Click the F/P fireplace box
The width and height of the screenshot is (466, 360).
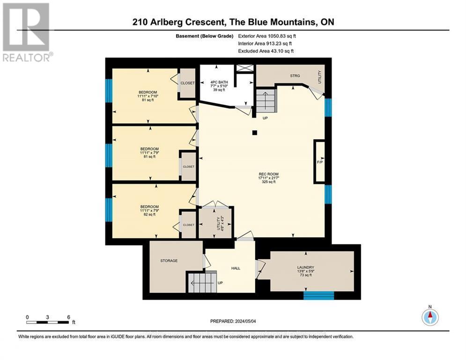(x=320, y=162)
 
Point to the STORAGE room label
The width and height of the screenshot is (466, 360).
(x=169, y=261)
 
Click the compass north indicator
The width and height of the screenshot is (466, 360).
(x=429, y=317)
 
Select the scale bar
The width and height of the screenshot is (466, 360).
(x=48, y=322)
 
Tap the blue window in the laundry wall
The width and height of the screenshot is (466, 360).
(x=318, y=295)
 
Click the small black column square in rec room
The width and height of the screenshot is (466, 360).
(x=254, y=133)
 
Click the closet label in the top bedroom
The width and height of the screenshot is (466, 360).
(x=187, y=83)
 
